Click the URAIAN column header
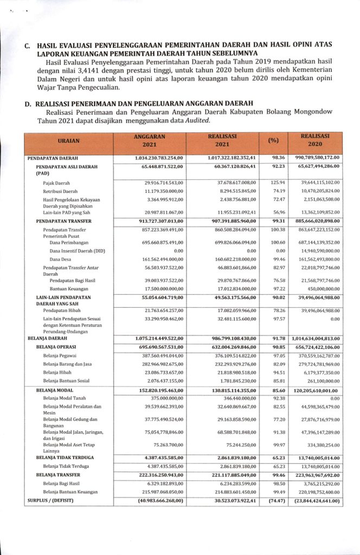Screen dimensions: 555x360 (x=69, y=140)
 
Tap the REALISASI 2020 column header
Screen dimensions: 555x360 (x=315, y=140)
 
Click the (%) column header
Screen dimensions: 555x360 (x=273, y=140)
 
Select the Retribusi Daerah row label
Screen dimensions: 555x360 (x=60, y=191)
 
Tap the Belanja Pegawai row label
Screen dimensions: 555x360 (x=60, y=356)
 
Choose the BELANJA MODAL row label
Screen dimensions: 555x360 (x=55, y=390)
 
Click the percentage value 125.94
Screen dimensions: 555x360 (x=278, y=183)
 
